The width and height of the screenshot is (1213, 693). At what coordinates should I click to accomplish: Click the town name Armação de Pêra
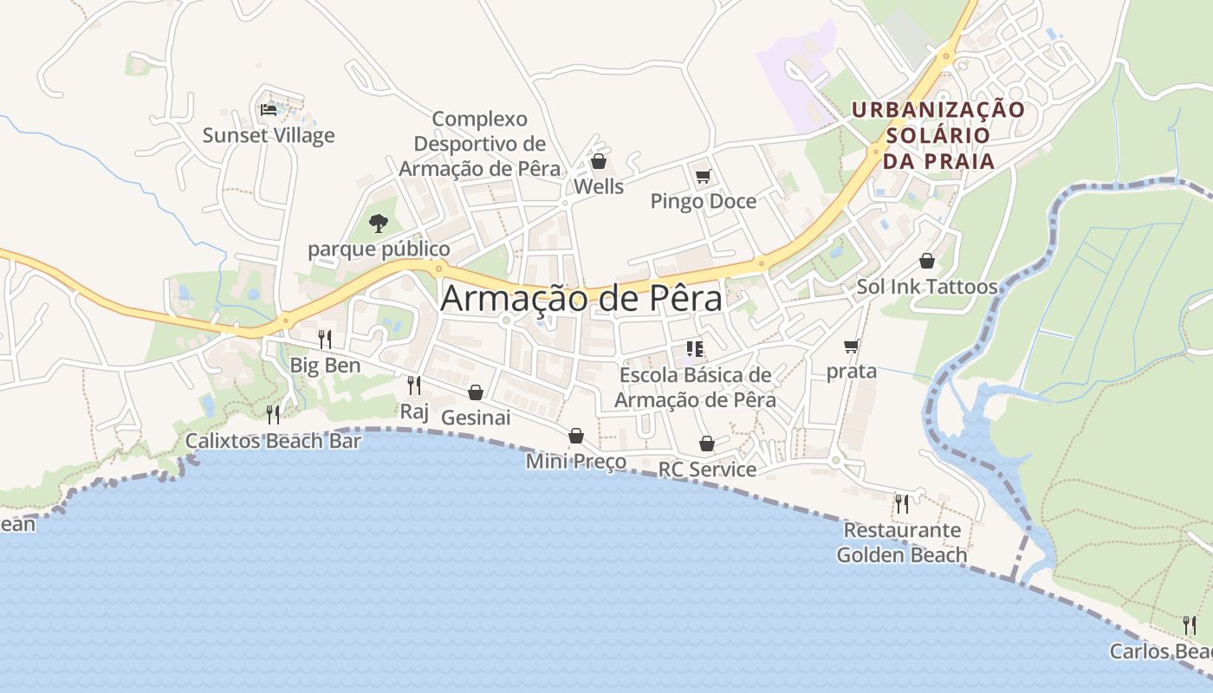coord(581,299)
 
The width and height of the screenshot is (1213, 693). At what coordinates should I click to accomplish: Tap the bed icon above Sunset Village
coord(269,110)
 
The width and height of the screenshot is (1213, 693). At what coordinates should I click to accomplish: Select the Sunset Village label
coord(269,136)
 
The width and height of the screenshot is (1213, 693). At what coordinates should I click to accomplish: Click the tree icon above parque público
coord(378,223)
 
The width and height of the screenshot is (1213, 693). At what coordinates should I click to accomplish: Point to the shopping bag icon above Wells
coord(598,161)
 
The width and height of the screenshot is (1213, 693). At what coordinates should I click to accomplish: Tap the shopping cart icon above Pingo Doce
coord(703,177)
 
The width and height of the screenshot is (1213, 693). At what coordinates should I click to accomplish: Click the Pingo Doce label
coord(704,202)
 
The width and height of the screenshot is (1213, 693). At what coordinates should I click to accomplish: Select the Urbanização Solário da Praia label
coord(937,136)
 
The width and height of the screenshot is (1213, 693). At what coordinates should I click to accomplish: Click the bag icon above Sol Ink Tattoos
coord(927,261)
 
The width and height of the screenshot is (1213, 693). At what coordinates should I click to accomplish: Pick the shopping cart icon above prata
coord(852,346)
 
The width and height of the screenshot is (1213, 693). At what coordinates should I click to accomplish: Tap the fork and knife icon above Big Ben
coord(325,340)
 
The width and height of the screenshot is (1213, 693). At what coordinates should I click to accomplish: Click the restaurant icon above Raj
coord(414,385)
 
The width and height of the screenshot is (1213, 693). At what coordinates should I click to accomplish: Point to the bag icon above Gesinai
coord(475,392)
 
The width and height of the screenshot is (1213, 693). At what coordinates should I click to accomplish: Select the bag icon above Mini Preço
coord(575,436)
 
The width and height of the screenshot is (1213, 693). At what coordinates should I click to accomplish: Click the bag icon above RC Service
coord(707,444)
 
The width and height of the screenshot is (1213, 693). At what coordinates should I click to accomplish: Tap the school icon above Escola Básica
coord(694,349)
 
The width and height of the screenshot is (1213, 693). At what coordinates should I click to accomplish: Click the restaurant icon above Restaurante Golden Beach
coord(902,503)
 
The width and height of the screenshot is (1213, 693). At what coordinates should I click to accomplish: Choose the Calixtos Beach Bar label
coord(273,441)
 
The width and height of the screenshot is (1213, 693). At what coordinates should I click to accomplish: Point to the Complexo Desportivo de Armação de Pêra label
coord(479,144)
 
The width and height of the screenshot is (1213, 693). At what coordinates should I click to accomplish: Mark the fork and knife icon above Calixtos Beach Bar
coord(273,415)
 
